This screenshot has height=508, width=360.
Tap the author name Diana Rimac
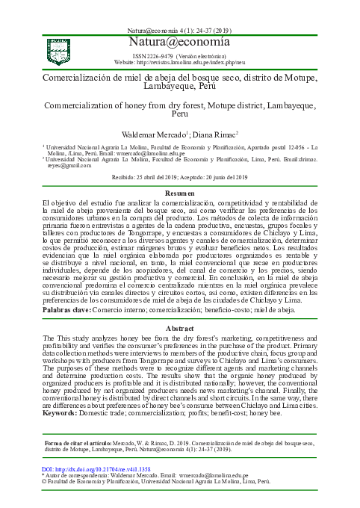click(x=217, y=134)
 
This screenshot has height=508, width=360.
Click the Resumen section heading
click(x=179, y=194)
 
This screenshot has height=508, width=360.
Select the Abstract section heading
click(x=179, y=328)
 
